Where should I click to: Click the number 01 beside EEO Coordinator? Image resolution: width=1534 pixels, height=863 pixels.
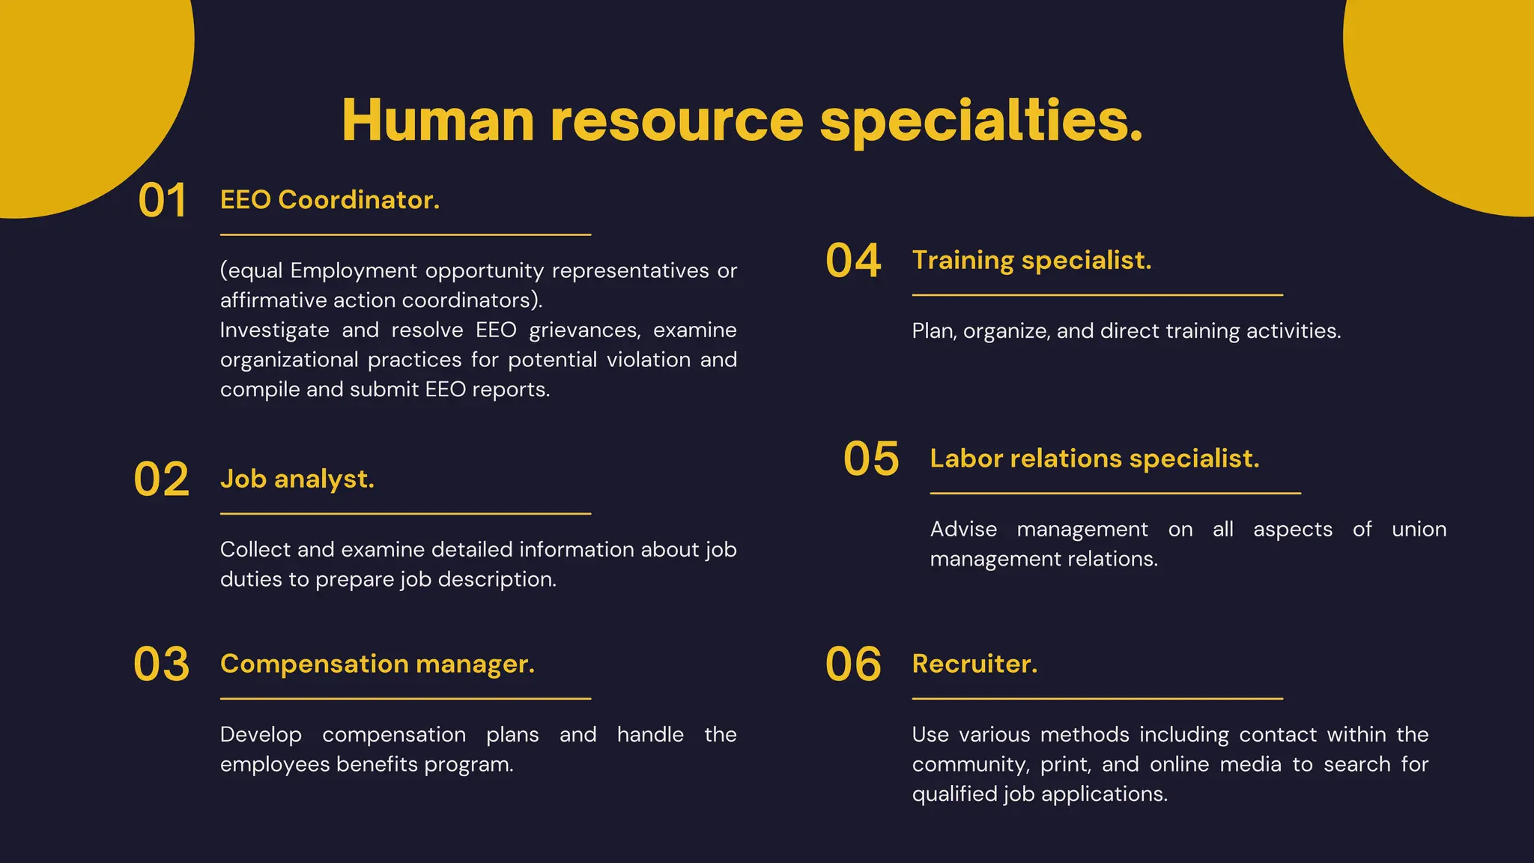162,201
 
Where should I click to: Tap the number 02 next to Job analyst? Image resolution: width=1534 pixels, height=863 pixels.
161,479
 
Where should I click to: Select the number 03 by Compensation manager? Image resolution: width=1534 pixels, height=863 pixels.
161,664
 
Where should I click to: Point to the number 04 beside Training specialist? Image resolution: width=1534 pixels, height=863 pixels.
853,261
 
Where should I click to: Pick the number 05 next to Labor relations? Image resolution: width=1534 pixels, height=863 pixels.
871,458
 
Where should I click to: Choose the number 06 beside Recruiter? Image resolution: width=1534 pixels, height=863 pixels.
853,664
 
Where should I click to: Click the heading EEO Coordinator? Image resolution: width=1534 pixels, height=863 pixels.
330,200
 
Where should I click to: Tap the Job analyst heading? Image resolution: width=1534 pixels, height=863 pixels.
297,479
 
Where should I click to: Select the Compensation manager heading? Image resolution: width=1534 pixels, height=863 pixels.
378,664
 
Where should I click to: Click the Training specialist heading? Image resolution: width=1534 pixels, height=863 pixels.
1031,260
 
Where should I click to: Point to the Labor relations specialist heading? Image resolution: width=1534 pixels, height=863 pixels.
1094,458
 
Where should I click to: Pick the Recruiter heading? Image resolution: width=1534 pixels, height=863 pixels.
974,664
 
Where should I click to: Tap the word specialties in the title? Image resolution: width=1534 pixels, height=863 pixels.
980,121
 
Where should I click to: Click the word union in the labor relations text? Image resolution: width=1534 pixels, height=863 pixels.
1419,530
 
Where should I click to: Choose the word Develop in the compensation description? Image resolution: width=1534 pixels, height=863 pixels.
261,735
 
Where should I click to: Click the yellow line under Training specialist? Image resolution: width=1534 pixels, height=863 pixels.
1097,295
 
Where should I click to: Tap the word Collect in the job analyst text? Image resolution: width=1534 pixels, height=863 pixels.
255,550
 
